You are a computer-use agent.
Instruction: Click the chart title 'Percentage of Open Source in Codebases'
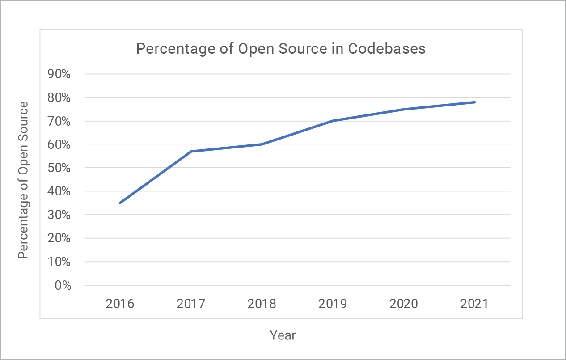pyautogui.click(x=281, y=49)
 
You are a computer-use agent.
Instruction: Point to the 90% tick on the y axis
pyautogui.click(x=59, y=74)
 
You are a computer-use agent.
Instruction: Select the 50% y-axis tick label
pyautogui.click(x=59, y=168)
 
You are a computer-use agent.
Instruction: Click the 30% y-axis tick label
pyautogui.click(x=59, y=215)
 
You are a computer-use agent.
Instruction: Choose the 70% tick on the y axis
pyautogui.click(x=59, y=121)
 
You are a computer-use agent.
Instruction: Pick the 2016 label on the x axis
pyautogui.click(x=120, y=304)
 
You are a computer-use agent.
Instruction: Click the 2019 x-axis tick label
pyautogui.click(x=333, y=304)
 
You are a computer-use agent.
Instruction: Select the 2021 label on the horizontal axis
pyautogui.click(x=474, y=304)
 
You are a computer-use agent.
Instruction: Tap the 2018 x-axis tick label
pyautogui.click(x=262, y=304)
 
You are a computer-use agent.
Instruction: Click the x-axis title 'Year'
pyautogui.click(x=283, y=335)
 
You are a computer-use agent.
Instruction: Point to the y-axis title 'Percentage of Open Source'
pyautogui.click(x=23, y=180)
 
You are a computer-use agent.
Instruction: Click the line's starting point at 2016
pyautogui.click(x=120, y=203)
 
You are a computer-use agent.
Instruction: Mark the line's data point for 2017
pyautogui.click(x=191, y=152)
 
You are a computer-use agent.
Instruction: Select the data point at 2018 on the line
pyautogui.click(x=262, y=144)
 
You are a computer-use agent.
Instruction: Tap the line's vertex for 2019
pyautogui.click(x=333, y=121)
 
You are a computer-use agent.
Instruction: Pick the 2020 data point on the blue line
pyautogui.click(x=404, y=109)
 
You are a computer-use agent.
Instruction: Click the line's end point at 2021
pyautogui.click(x=474, y=102)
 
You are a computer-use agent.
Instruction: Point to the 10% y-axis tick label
pyautogui.click(x=59, y=262)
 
